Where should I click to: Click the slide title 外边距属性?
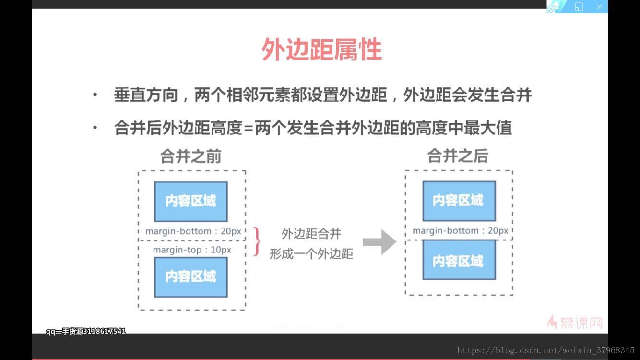point(321,50)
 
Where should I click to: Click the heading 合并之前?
point(191,156)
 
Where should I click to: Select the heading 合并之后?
point(458,156)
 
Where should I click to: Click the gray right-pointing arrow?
point(379,242)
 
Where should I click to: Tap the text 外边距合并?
point(311,234)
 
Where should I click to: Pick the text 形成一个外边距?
point(311,253)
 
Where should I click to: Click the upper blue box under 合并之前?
point(191,201)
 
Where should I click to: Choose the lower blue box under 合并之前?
point(191,276)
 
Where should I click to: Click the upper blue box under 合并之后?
point(459,201)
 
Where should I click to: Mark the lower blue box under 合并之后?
point(459,260)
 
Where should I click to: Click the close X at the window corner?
point(599,7)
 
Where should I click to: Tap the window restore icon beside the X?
point(579,7)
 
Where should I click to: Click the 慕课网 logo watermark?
point(575,322)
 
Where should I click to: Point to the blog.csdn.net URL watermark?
point(545,351)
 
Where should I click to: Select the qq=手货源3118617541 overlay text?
point(86,331)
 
